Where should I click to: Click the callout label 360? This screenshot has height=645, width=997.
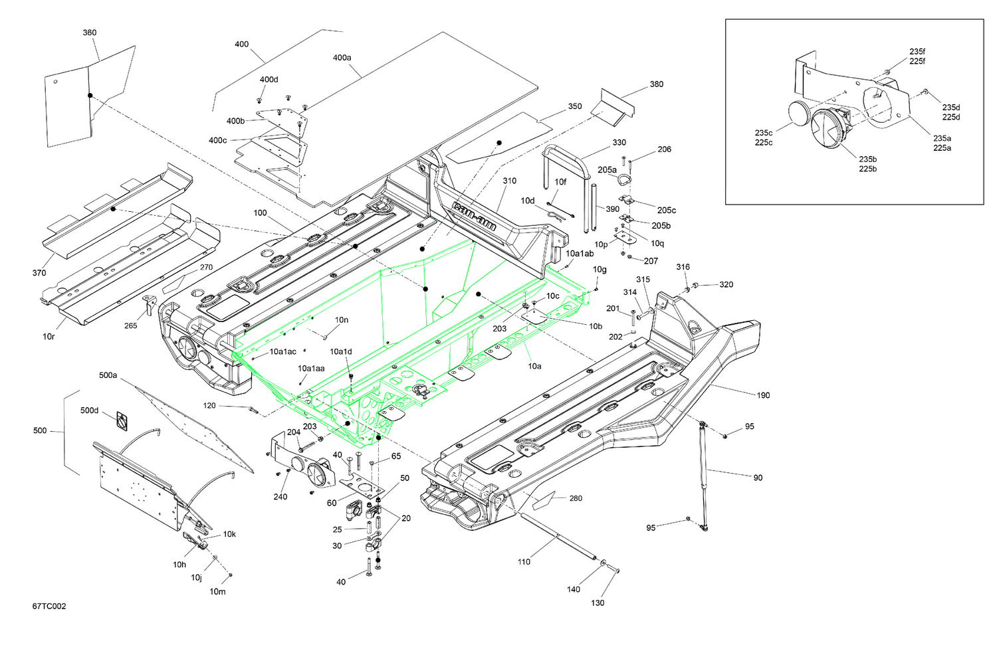89,33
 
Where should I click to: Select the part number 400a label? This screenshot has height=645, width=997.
342,58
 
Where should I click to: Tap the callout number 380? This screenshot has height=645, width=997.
656,84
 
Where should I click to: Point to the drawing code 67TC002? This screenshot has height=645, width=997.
49,606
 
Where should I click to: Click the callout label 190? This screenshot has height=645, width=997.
763,395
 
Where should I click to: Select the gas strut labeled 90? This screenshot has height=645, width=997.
703,475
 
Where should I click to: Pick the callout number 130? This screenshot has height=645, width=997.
598,602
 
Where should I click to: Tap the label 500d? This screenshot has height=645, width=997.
89,411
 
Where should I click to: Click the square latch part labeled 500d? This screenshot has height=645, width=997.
122,420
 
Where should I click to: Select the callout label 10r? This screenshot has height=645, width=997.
49,337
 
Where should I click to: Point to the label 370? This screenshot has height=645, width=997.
39,273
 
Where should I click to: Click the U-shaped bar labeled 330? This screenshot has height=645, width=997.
569,166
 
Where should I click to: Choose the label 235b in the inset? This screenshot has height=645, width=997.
867,159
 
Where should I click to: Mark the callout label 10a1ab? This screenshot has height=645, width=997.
580,254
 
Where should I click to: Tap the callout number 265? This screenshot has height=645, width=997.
130,325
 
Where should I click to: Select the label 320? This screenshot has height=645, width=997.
726,284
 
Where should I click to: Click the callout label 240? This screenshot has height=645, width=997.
280,497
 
